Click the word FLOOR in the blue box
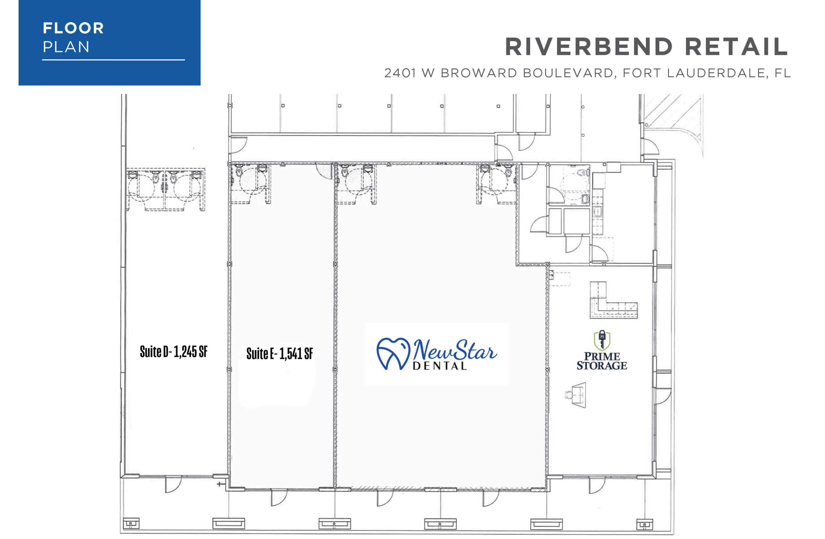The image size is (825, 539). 73,28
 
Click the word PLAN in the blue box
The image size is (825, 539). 66,47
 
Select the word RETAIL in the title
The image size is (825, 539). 737,47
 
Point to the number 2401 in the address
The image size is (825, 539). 400,73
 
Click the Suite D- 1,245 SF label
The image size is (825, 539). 174,352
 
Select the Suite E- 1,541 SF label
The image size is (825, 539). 280,354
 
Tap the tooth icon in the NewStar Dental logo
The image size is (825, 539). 393,353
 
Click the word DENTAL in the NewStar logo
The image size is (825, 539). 440,366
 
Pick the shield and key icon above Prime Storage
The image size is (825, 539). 602,340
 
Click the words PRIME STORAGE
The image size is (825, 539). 602,361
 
